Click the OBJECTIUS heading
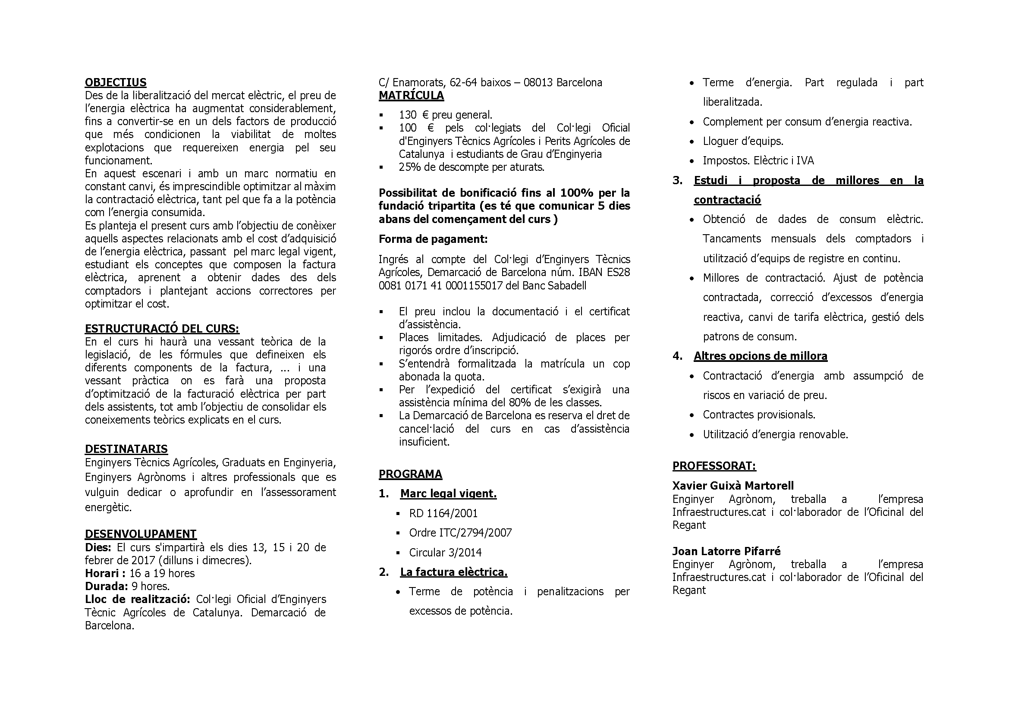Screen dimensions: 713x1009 click(x=116, y=82)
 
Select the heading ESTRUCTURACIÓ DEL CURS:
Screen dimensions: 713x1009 click(x=162, y=329)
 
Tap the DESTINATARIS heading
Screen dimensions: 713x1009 click(x=126, y=449)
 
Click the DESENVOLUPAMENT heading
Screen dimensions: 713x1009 click(x=141, y=534)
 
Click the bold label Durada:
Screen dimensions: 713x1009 click(x=107, y=586)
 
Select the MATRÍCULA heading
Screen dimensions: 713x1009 click(x=412, y=95)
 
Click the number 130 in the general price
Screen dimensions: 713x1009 click(x=407, y=115)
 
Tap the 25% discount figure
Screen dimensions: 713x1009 click(x=409, y=167)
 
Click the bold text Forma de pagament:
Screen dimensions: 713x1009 click(x=433, y=239)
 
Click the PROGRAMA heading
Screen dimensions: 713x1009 click(x=410, y=474)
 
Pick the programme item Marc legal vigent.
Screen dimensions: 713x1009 click(x=448, y=494)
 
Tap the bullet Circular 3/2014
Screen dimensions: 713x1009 click(x=445, y=552)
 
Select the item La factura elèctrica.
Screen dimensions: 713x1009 click(x=453, y=572)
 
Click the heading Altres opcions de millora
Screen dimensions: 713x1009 click(x=760, y=356)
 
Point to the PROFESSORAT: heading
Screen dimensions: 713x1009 click(x=714, y=466)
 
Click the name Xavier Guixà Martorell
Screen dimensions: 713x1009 click(x=732, y=485)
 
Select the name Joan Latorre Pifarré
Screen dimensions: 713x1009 click(x=726, y=551)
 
